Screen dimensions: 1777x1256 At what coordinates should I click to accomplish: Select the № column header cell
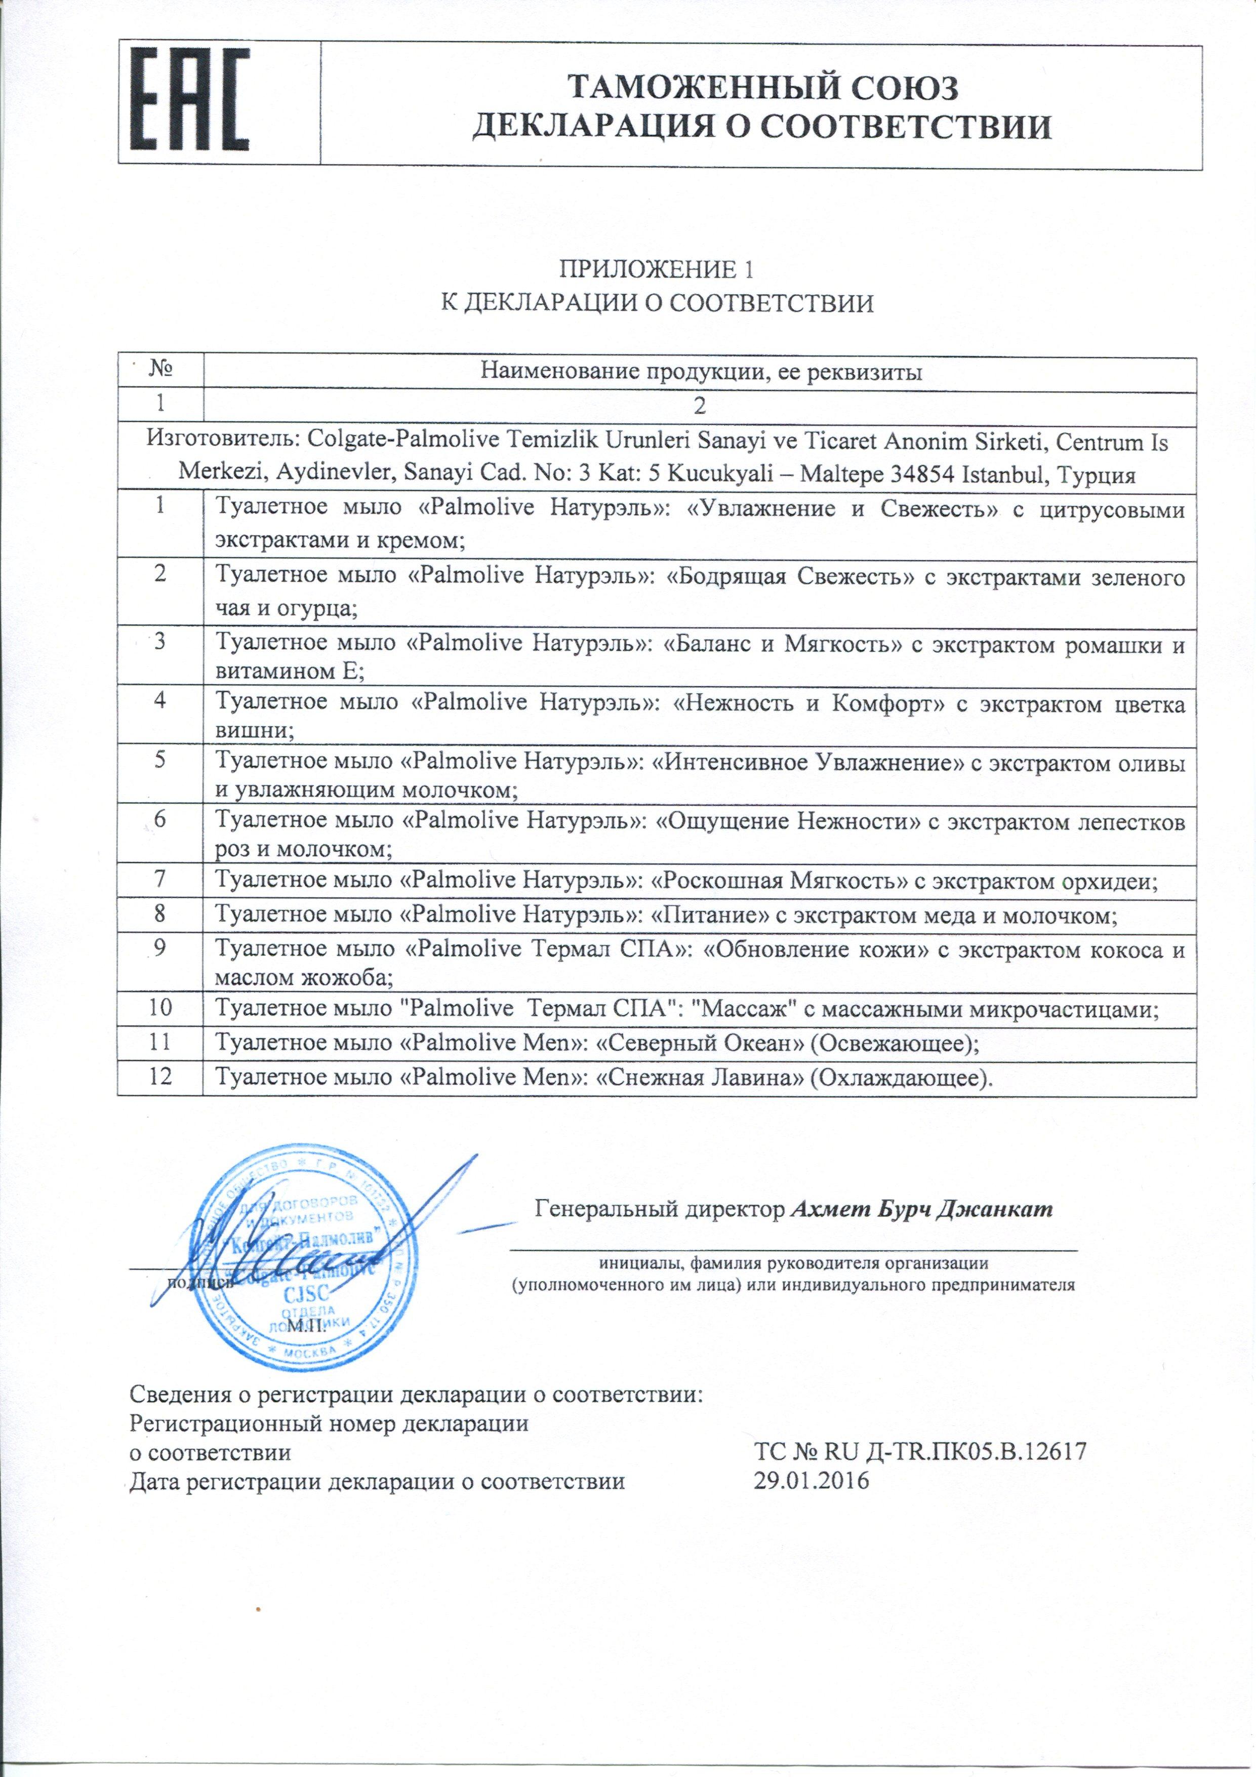coord(159,372)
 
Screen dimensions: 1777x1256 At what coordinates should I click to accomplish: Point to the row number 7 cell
coord(159,880)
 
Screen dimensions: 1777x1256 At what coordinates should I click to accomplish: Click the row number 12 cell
coord(159,1077)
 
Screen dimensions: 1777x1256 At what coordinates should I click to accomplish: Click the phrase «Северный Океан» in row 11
coord(702,1043)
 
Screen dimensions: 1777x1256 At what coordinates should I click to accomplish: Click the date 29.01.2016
coord(811,1481)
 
